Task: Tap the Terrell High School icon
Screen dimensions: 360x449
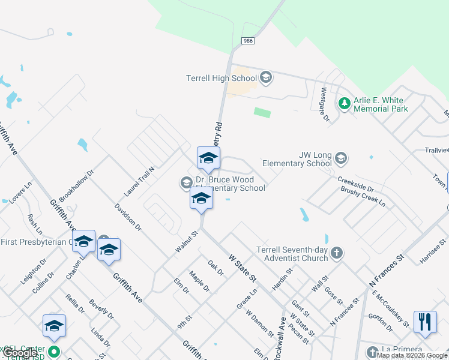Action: (x=266, y=77)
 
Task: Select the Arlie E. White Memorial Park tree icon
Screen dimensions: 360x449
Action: (x=345, y=104)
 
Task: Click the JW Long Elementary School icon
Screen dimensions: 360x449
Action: (x=340, y=158)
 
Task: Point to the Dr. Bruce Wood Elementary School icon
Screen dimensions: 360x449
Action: (x=186, y=182)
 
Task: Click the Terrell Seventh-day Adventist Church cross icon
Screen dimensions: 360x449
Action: (x=337, y=253)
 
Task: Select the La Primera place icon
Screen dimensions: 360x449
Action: (x=372, y=352)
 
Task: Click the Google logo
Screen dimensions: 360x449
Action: (x=20, y=353)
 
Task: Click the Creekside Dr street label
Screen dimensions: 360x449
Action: (x=355, y=183)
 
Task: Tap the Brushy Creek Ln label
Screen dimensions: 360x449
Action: (x=363, y=196)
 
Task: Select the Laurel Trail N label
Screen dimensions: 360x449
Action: (x=140, y=172)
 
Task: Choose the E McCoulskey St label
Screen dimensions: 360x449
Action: (x=390, y=309)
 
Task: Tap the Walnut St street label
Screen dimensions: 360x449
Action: (x=186, y=242)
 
